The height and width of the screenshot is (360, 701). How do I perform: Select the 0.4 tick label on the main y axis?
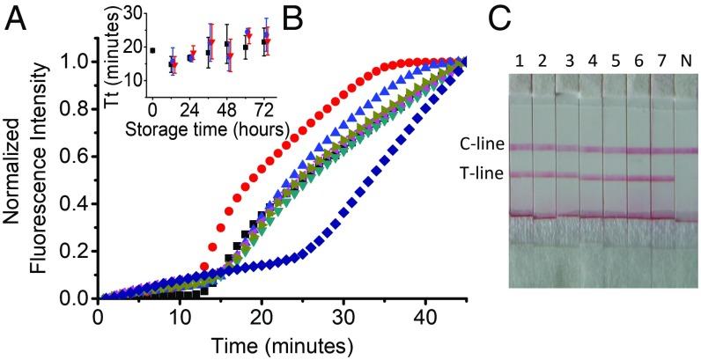coord(75,204)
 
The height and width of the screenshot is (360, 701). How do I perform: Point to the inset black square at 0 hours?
coord(152,50)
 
